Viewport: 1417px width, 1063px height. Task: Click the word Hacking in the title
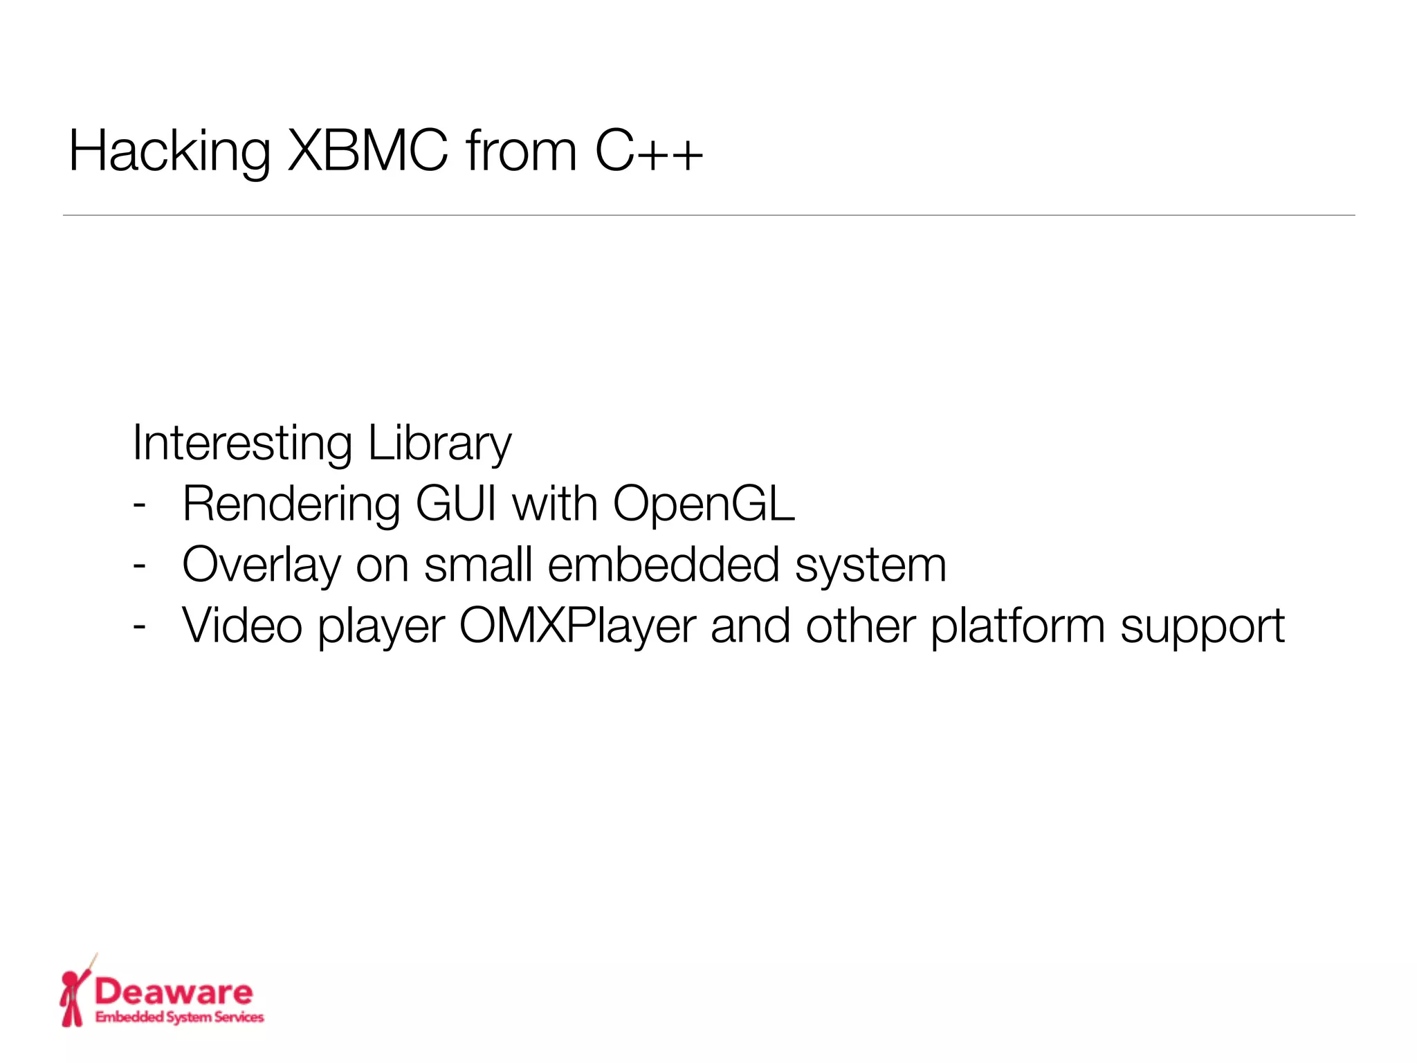170,152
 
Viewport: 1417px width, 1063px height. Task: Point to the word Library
440,443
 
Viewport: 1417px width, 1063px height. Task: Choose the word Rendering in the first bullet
291,504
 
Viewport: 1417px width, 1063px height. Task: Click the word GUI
457,503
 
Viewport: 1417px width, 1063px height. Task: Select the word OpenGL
704,504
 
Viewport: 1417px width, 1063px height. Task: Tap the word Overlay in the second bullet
262,565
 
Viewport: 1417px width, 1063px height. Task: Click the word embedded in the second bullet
664,564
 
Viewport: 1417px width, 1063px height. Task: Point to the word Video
242,626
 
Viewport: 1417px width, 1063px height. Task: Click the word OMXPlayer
578,626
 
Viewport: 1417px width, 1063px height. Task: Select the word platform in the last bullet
1017,626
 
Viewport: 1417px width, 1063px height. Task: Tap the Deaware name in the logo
174,992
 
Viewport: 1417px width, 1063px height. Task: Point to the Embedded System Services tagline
179,1017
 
